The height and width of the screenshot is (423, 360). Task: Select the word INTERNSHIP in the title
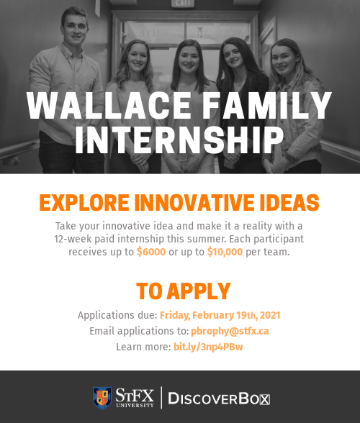(180, 141)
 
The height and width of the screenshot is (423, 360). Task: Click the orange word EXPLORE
(81, 202)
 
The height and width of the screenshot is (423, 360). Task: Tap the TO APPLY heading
(184, 291)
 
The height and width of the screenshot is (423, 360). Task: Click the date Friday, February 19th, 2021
(220, 315)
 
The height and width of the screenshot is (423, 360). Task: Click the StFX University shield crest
(102, 397)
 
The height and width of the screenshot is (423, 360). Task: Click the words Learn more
(143, 347)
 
